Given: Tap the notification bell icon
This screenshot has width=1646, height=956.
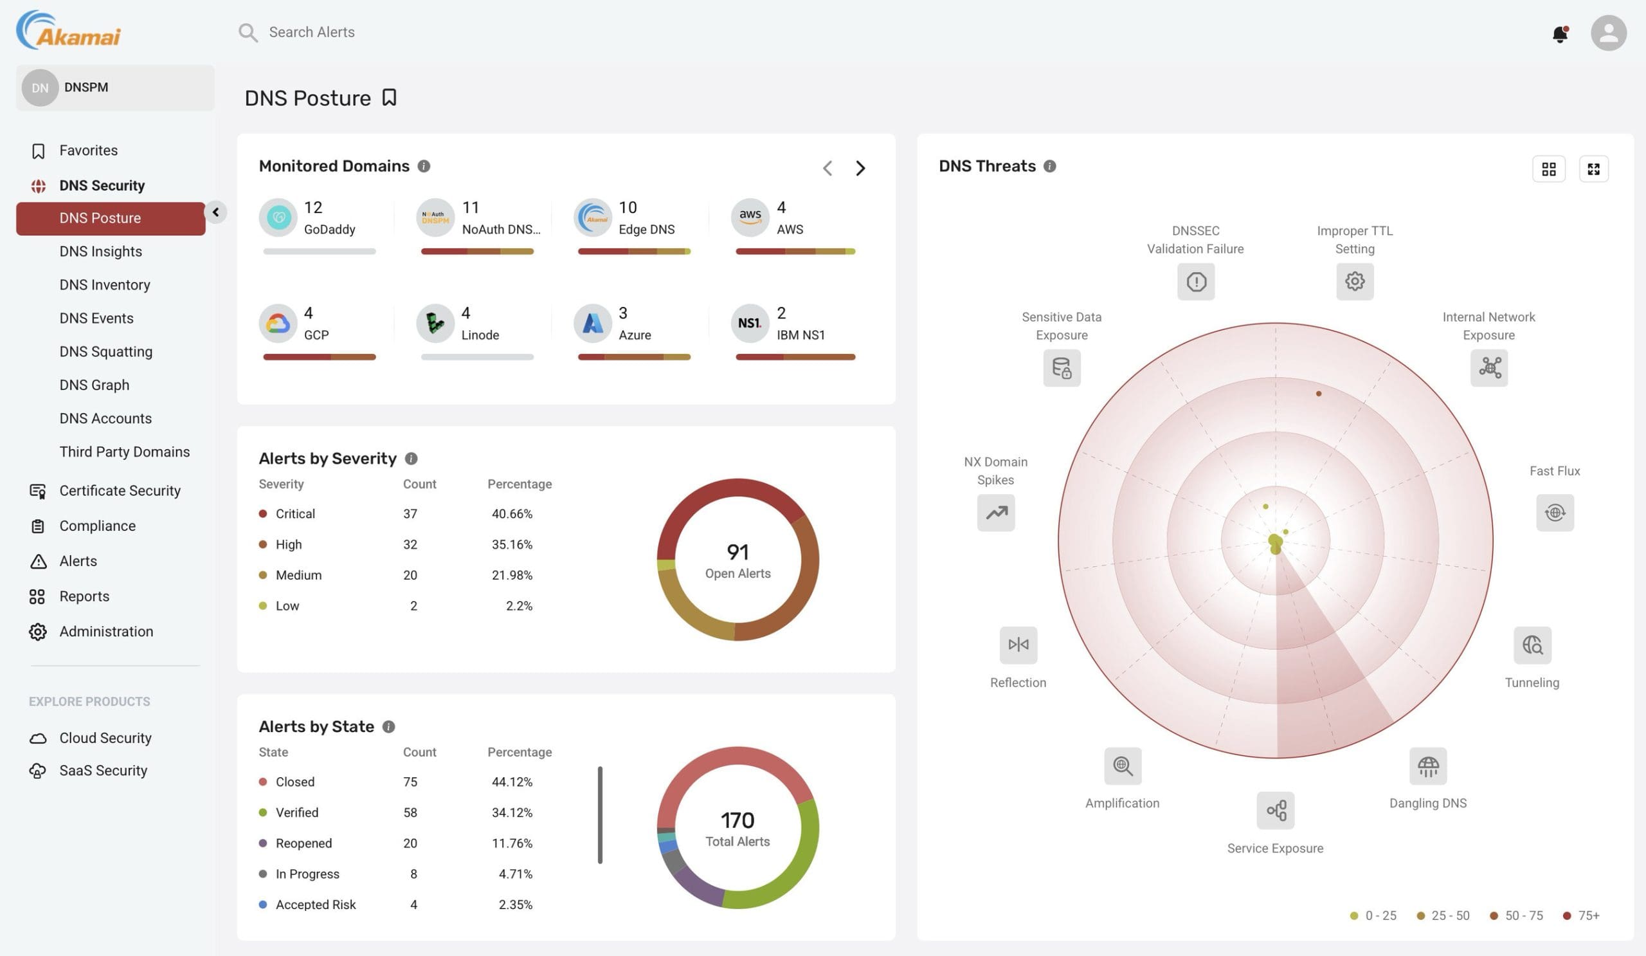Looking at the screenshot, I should point(1559,33).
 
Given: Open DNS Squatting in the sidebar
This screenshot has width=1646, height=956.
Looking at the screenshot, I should point(106,351).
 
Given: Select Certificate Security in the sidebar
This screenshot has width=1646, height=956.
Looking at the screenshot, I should point(120,491).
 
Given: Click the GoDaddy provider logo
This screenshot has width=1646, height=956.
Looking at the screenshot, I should point(278,217).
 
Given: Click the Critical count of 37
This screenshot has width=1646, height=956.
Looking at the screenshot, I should point(410,514).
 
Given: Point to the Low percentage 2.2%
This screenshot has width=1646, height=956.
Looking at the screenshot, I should point(519,607).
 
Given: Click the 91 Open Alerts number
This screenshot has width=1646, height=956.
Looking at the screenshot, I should point(737,553).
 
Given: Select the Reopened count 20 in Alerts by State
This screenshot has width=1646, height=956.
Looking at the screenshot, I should point(410,843).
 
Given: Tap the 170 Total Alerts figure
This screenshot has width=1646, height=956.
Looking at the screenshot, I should point(737,821).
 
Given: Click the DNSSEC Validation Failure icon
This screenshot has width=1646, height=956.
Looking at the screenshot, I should point(1195,282).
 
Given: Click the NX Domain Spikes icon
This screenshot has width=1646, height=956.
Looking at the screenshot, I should point(995,513).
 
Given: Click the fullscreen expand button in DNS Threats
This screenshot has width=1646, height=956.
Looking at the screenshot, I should point(1593,169).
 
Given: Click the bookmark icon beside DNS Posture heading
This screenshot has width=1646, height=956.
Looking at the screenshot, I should point(389,97).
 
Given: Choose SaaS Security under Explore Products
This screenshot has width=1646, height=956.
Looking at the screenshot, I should point(104,771).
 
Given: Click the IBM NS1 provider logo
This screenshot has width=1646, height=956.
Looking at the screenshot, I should point(749,324).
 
